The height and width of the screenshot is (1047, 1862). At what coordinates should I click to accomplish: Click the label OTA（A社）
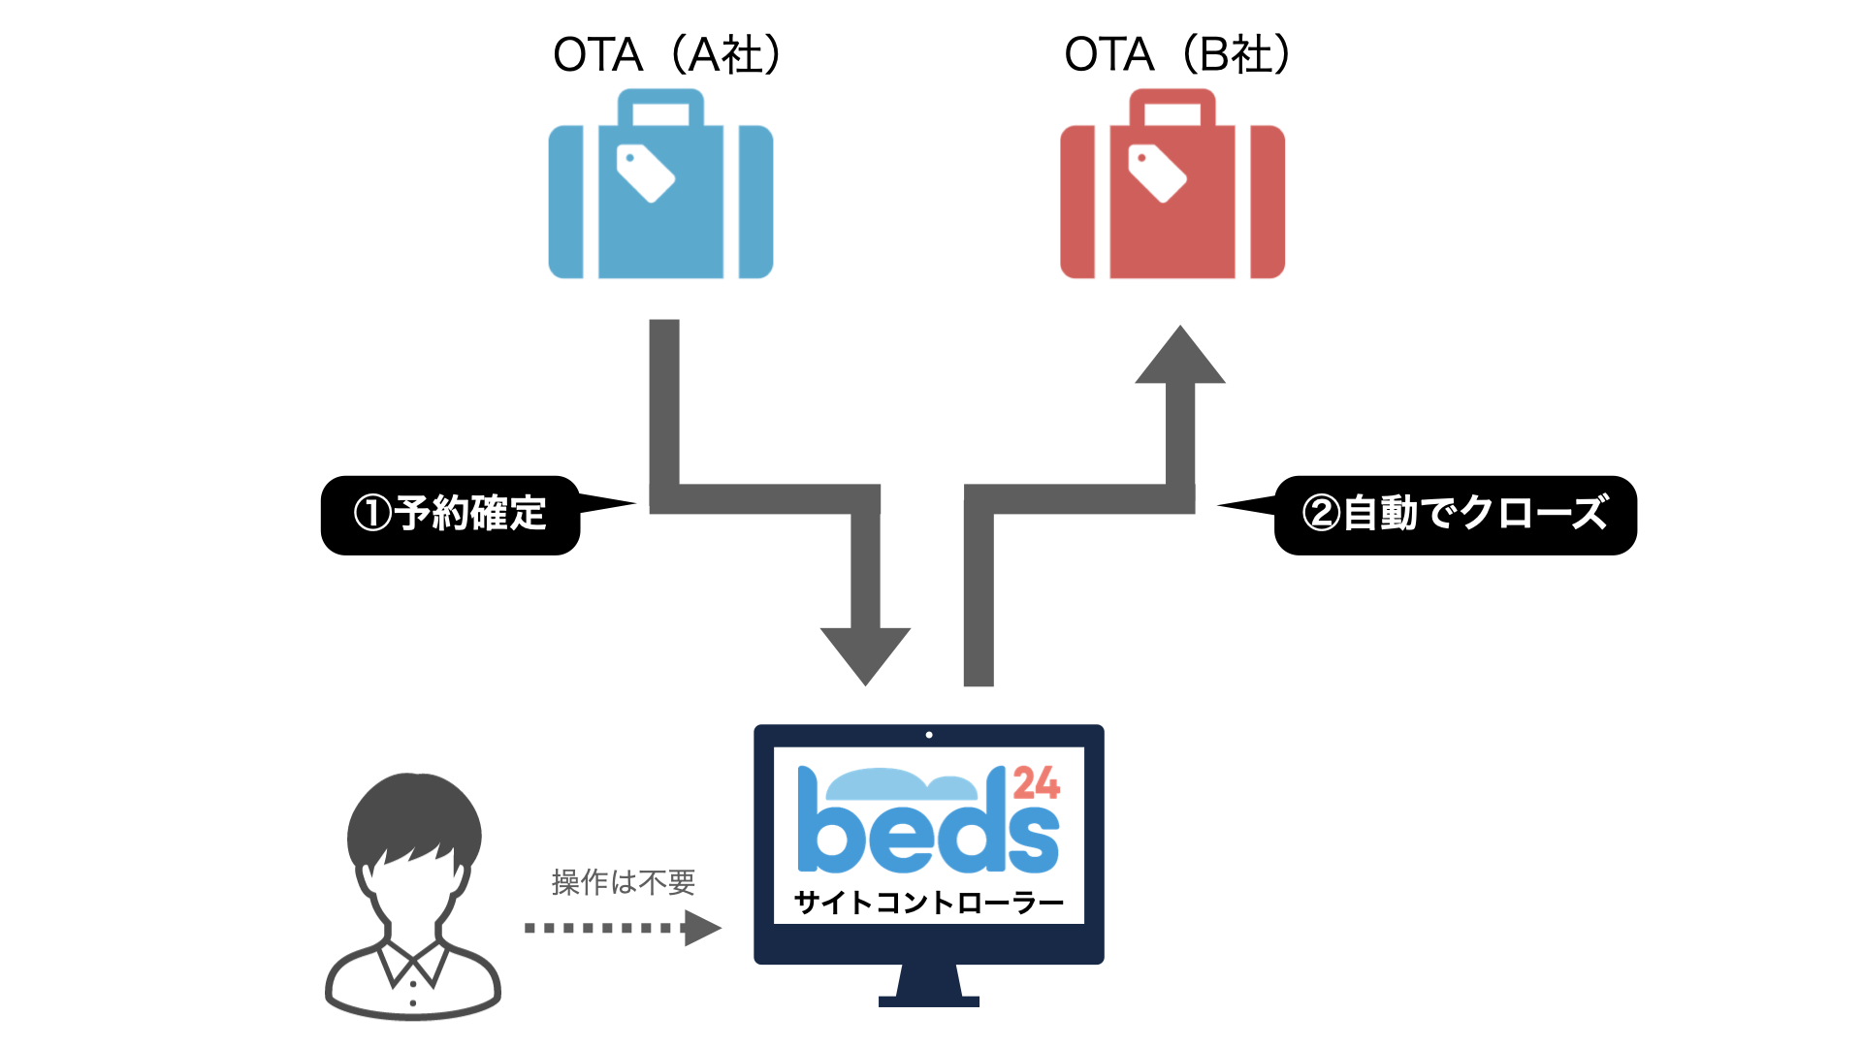click(x=667, y=55)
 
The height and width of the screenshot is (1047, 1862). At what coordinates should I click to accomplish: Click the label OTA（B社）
click(x=1177, y=55)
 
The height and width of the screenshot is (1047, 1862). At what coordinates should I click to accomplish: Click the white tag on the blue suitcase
click(x=645, y=173)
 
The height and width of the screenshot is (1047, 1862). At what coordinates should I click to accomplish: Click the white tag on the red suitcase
click(x=1157, y=173)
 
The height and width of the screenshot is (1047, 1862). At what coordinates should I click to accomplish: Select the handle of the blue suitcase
click(x=660, y=101)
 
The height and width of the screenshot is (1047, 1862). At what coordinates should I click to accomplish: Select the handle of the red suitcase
click(x=1172, y=101)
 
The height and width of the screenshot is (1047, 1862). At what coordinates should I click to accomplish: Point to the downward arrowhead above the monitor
click(x=865, y=653)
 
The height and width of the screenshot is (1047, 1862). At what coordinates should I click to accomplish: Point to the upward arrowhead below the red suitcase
click(x=1180, y=357)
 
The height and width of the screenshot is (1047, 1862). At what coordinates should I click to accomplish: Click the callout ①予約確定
click(x=451, y=514)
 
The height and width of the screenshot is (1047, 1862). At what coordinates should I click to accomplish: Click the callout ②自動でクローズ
click(x=1455, y=514)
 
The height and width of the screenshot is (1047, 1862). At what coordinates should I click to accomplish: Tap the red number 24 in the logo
click(x=1036, y=783)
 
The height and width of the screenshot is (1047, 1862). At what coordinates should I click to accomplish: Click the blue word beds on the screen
click(x=926, y=829)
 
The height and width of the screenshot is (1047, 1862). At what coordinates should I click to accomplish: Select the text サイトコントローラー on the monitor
click(x=928, y=903)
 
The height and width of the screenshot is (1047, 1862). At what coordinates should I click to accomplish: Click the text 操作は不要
click(x=624, y=881)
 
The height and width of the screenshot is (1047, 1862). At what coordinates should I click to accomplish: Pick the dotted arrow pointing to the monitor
click(x=621, y=928)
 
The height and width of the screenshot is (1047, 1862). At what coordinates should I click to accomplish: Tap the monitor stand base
click(x=928, y=1000)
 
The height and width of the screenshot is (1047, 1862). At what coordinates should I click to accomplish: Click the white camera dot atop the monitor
click(x=929, y=735)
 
